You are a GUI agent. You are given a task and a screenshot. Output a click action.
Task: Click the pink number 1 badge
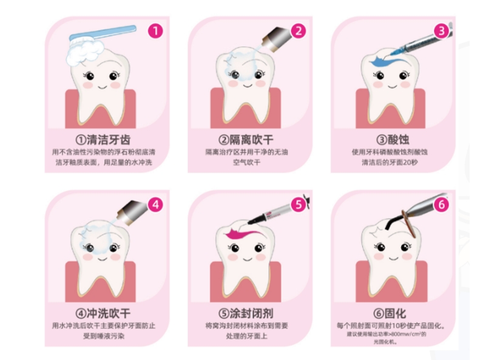click(155, 32)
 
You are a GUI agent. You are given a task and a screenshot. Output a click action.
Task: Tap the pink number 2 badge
click(299, 32)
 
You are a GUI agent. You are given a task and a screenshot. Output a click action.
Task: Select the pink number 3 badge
click(442, 32)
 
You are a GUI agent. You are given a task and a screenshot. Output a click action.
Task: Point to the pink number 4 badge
click(155, 205)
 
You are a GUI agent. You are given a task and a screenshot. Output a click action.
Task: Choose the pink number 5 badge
click(299, 205)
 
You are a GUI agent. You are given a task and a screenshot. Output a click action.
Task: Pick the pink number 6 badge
click(442, 205)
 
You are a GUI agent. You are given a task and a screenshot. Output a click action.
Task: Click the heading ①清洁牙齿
click(103, 140)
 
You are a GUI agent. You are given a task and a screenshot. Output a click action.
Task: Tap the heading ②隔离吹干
click(246, 140)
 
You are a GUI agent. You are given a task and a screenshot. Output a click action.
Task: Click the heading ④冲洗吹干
click(103, 313)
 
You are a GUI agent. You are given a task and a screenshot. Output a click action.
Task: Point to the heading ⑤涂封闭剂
click(246, 313)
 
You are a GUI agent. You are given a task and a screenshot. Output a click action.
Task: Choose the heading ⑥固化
click(390, 313)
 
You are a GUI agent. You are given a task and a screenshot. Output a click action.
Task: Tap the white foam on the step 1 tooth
click(85, 52)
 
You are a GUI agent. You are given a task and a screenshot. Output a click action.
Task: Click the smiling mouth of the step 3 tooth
click(392, 86)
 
